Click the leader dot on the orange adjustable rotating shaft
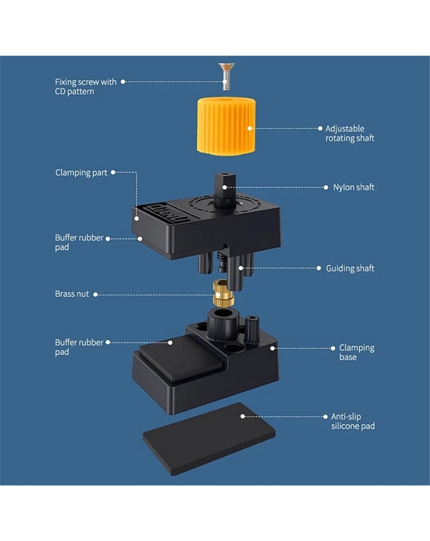[250, 128]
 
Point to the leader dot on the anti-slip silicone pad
[243, 416]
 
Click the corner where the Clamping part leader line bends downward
[137, 173]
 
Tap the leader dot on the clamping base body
[272, 348]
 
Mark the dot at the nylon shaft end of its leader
[225, 187]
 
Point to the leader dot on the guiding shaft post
[241, 268]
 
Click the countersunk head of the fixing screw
[227, 66]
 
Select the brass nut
[223, 293]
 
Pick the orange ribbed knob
[227, 126]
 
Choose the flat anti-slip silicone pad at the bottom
[209, 439]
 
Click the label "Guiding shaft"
[350, 269]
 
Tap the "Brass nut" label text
[72, 294]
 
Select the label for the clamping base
[356, 353]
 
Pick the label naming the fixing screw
[86, 87]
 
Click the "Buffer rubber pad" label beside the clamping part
[79, 243]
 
